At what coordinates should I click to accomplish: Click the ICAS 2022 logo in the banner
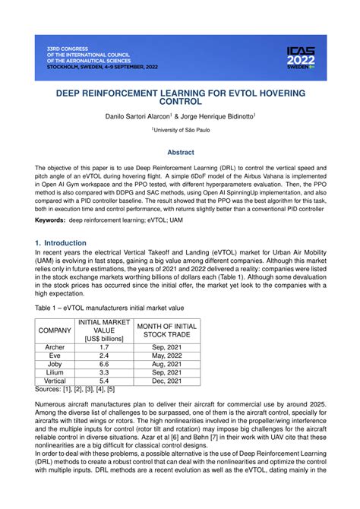pos(302,58)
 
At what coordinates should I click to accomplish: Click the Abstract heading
pos(180,152)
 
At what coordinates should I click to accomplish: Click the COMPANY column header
pos(55,331)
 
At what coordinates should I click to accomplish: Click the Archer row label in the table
pos(55,347)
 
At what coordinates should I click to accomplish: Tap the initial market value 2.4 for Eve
pos(104,355)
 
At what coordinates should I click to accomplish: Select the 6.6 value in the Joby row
pos(104,364)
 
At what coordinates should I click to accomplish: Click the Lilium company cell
pos(55,373)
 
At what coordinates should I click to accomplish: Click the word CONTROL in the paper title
pos(180,100)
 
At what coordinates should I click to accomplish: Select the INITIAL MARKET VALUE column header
pos(104,331)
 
